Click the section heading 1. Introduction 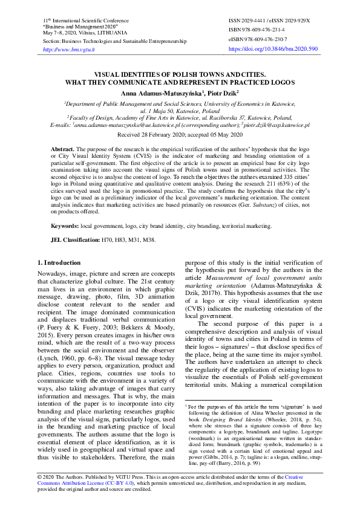coord(59,262)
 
